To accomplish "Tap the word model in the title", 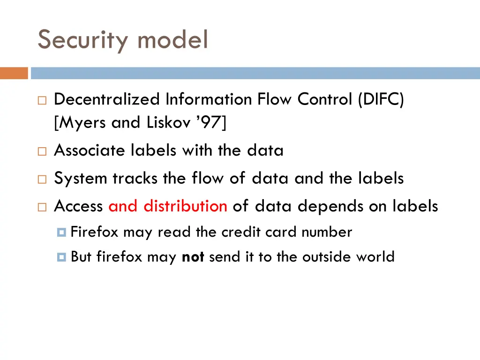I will (x=172, y=39).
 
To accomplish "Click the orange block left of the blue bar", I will (x=14, y=73).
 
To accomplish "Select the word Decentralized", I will (x=107, y=99).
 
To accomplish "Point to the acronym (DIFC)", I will (x=380, y=99).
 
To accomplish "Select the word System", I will (x=81, y=179).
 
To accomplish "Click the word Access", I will (x=78, y=206).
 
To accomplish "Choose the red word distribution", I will (x=185, y=206).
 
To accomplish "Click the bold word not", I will (x=193, y=257).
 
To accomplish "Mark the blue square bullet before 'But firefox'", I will (x=62, y=257).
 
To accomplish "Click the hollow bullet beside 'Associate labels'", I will (x=42, y=151).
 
